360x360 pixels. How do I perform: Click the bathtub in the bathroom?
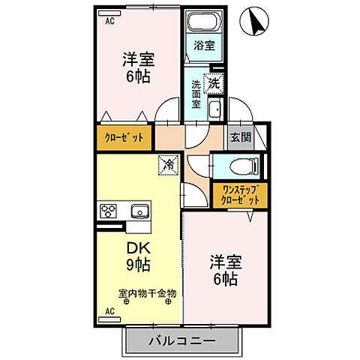point(201,23)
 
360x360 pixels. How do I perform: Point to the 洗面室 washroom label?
point(195,94)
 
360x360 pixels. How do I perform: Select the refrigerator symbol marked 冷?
point(168,162)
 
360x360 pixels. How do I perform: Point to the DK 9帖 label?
point(137,256)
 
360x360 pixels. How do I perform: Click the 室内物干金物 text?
point(147,293)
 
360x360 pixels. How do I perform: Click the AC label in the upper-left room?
point(110,21)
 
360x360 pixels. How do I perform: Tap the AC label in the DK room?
point(109,310)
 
